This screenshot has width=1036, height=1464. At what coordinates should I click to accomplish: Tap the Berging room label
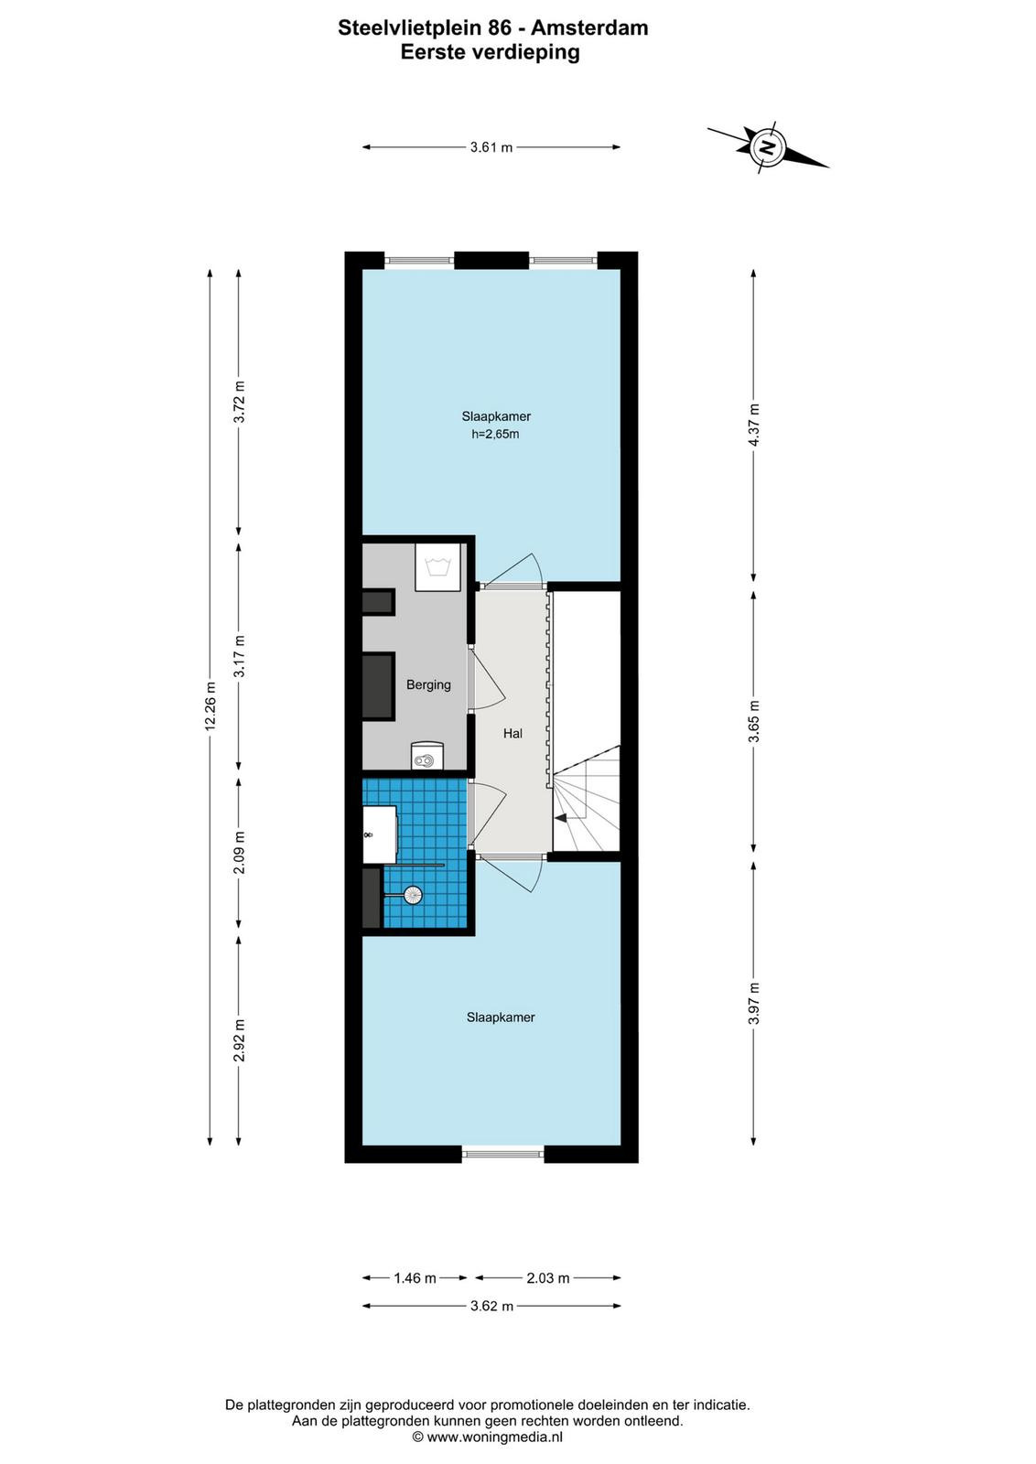point(429,685)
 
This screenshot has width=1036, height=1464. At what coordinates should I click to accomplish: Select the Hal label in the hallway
point(513,733)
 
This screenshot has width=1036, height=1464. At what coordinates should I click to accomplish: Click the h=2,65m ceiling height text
point(495,434)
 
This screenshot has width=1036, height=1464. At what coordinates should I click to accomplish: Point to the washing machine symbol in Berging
point(438,567)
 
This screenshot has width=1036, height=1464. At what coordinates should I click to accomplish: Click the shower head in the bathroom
point(413,894)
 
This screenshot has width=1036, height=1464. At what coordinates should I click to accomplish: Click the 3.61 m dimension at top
point(491,147)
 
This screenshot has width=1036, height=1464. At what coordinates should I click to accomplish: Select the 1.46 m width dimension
point(415,1277)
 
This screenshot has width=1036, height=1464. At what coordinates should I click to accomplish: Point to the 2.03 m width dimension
point(547,1277)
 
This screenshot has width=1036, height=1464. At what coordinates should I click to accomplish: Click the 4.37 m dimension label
point(754,425)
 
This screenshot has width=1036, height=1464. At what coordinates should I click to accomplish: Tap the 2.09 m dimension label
point(239,852)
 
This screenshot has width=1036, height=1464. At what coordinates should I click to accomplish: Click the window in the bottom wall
point(502,1154)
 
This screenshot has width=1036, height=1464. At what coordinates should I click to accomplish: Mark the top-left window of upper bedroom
point(419,261)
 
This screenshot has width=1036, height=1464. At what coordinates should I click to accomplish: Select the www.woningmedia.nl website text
point(493,1437)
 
